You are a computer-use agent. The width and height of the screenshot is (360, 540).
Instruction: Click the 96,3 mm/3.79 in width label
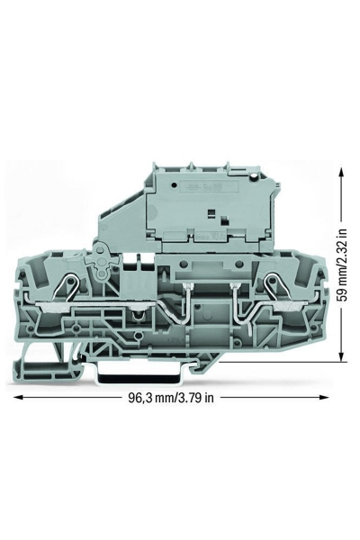point(171,398)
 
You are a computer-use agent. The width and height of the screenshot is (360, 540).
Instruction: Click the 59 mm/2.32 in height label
point(342,265)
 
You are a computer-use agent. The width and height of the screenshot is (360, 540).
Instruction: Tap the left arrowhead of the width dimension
point(18,398)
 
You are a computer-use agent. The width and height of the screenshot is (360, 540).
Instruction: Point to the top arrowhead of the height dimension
point(341,172)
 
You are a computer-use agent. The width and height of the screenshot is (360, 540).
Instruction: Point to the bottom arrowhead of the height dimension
point(341,357)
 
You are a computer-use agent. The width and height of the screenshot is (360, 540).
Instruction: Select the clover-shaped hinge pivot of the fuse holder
point(101,261)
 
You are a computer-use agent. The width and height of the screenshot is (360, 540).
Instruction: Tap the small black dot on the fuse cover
point(174,185)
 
